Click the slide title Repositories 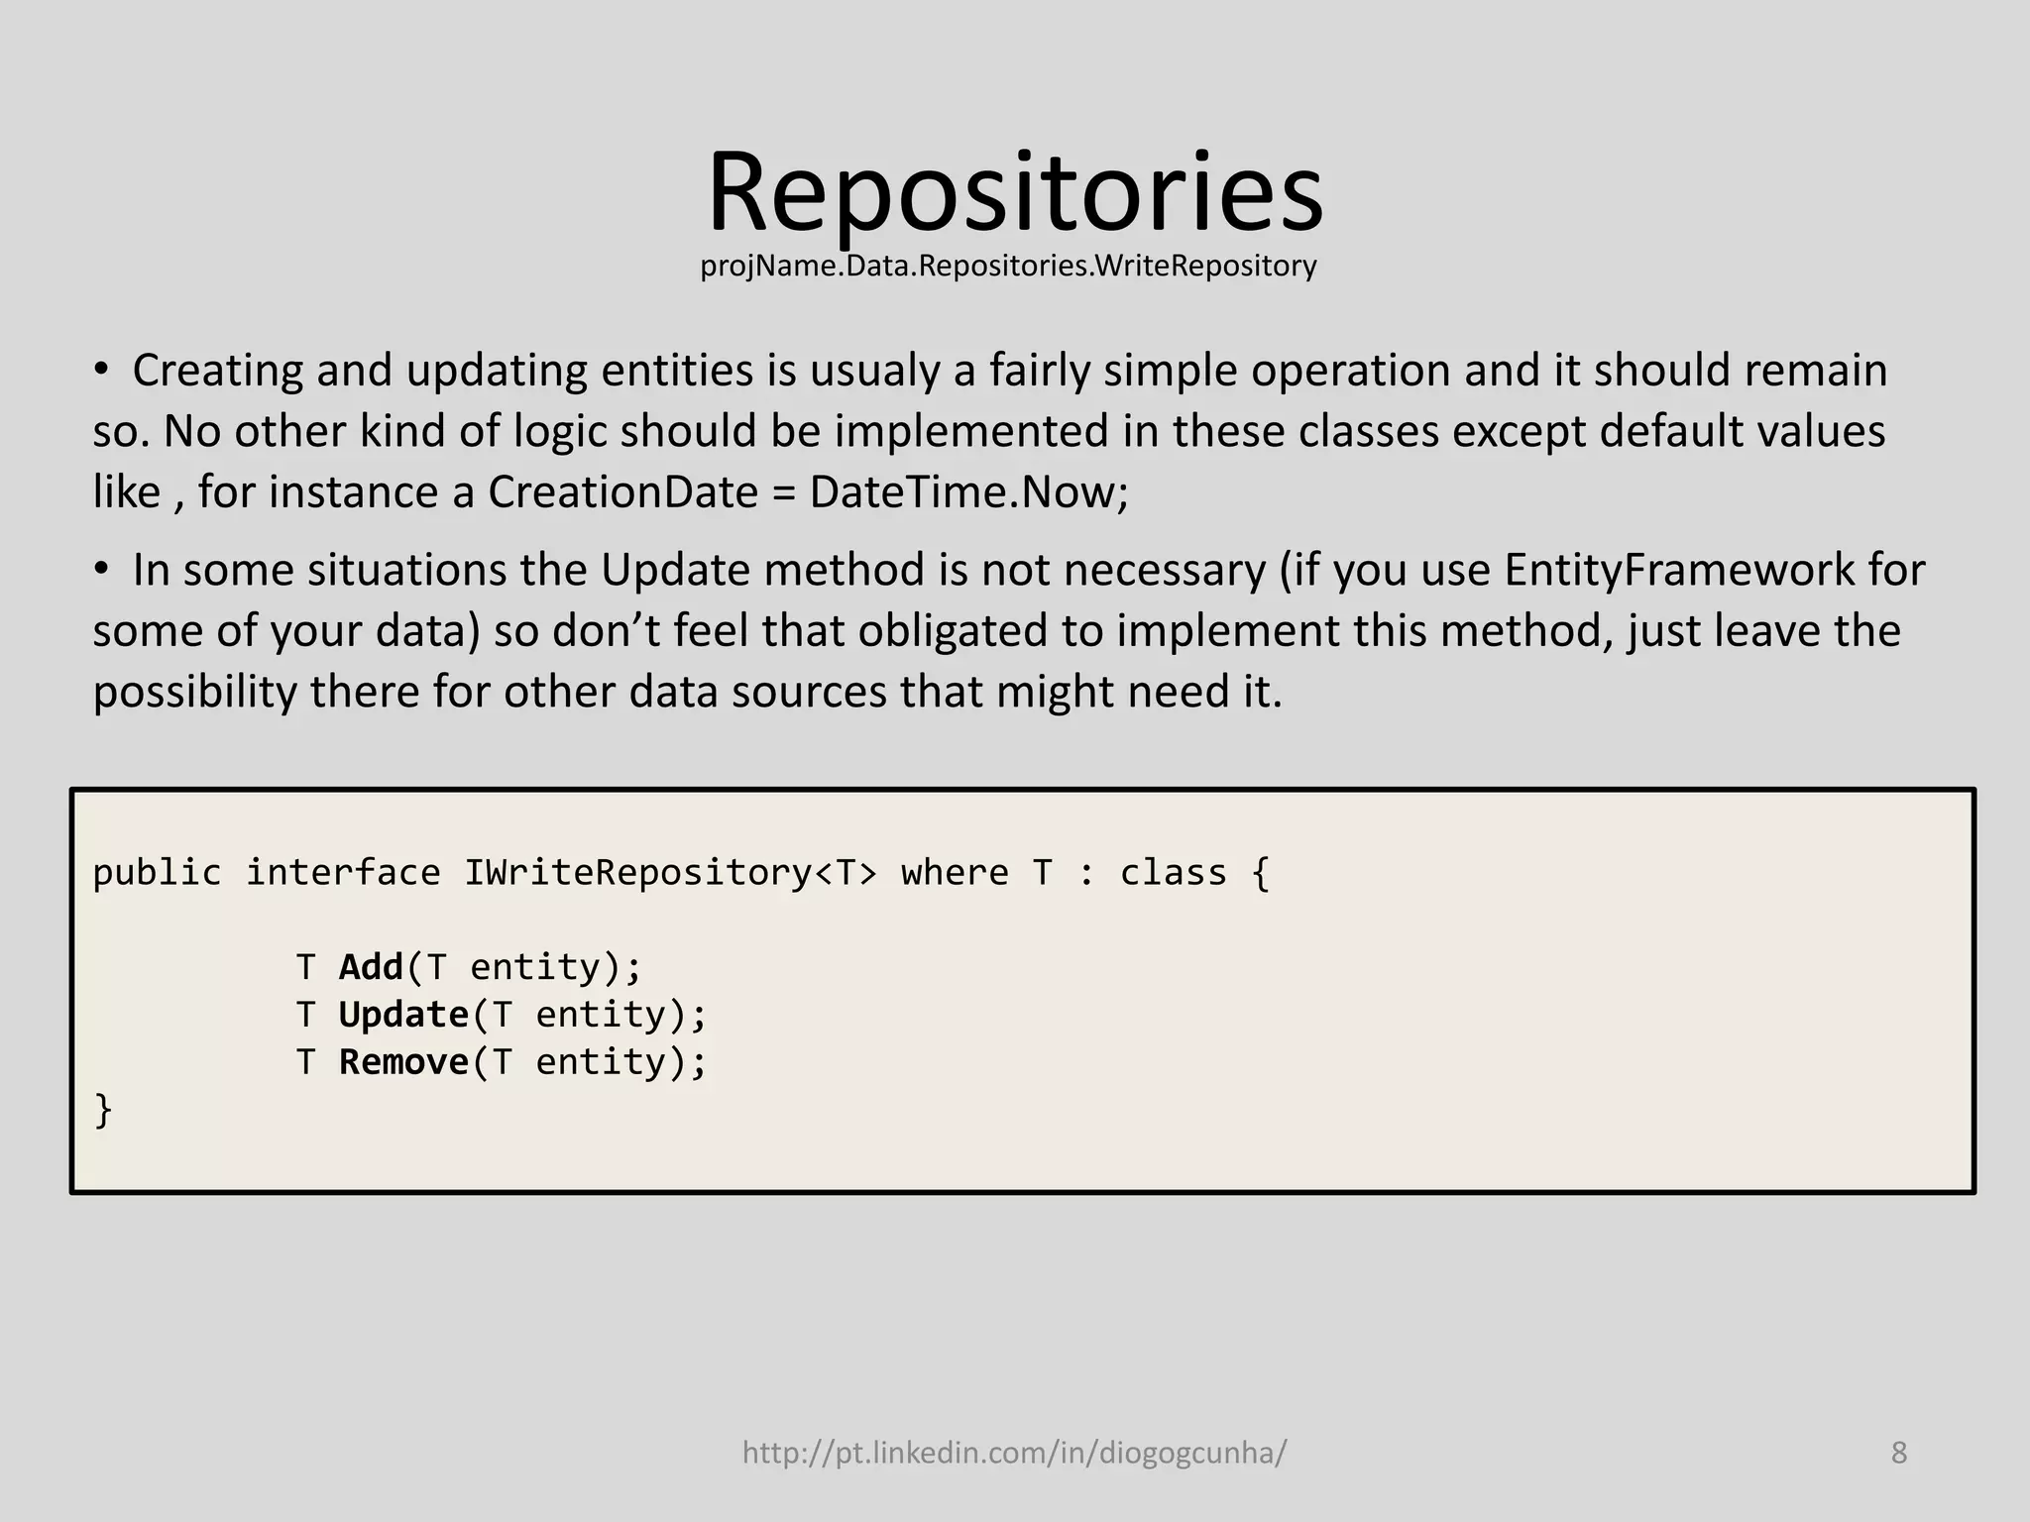tap(1015, 192)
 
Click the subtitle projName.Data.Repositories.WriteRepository tap(1008, 267)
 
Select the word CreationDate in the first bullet tap(622, 492)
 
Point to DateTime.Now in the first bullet tap(966, 492)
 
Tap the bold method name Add tap(371, 967)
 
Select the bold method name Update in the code tap(403, 1015)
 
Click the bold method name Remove tap(403, 1062)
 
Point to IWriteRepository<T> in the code tap(670, 873)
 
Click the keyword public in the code tap(157, 873)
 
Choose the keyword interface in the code tap(343, 873)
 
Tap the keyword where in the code tap(954, 873)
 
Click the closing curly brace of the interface tap(103, 1111)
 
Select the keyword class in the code tap(1173, 873)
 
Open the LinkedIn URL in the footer tap(1014, 1453)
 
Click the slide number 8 tap(1898, 1453)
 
